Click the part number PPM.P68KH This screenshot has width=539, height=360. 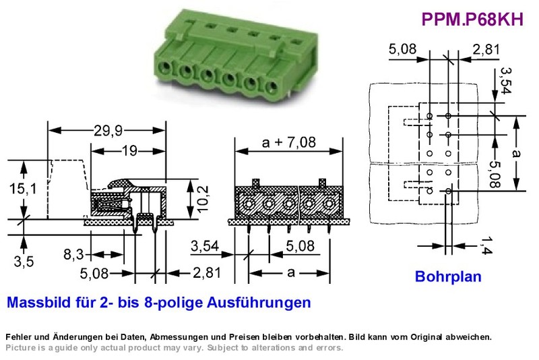click(x=472, y=20)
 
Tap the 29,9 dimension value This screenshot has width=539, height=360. click(x=108, y=131)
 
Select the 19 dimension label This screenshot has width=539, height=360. click(x=129, y=150)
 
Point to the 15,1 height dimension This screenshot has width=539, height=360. click(x=23, y=188)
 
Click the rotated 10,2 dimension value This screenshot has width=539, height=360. click(x=203, y=199)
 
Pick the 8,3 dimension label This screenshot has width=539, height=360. click(x=73, y=254)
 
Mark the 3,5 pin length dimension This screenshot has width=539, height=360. click(x=24, y=262)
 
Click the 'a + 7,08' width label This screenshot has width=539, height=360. click(x=289, y=142)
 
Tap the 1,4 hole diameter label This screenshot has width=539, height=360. click(x=486, y=245)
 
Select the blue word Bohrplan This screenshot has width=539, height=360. click(x=448, y=276)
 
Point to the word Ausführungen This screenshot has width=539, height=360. click(x=259, y=303)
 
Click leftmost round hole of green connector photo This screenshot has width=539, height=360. click(x=165, y=67)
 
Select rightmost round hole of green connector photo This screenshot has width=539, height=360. click(x=272, y=86)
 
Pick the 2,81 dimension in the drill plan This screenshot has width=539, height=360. click(x=486, y=50)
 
